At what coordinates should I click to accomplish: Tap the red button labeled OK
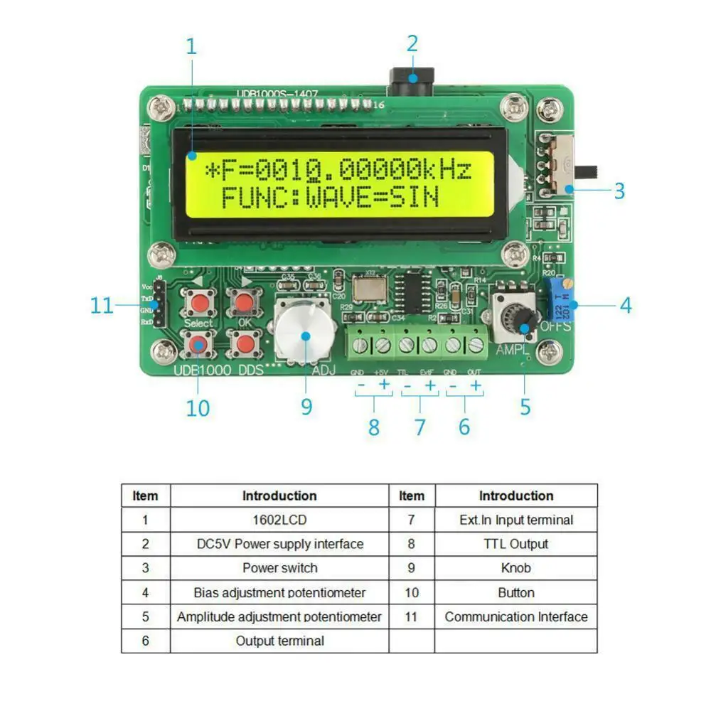point(244,303)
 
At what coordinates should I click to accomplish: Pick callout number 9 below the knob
point(306,406)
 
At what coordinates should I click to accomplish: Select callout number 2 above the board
point(412,44)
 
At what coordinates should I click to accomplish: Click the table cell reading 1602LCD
point(279,520)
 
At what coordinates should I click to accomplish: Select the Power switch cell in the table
point(279,568)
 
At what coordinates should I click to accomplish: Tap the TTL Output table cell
point(515,544)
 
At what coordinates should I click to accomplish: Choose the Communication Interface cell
point(515,616)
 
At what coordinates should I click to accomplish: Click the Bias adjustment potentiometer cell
point(279,592)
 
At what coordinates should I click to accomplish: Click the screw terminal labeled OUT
point(476,346)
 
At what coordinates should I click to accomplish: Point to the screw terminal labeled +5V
point(383,346)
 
